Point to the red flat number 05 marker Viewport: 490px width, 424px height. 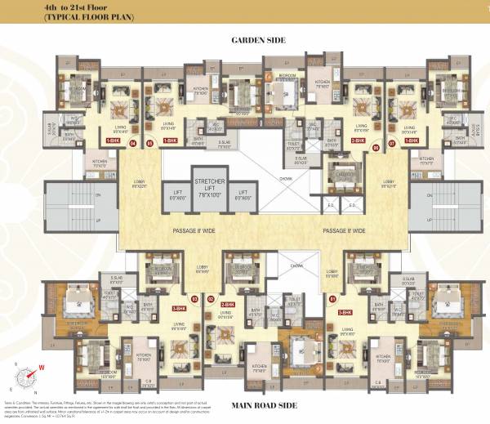pos(149,143)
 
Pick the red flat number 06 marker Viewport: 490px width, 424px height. pos(375,148)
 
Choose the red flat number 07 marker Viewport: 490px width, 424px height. pos(392,143)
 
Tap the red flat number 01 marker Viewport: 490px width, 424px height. pos(332,300)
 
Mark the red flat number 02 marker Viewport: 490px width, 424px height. pos(211,300)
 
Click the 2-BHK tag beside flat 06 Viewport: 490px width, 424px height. pos(358,140)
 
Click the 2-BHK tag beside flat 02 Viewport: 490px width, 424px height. pos(228,305)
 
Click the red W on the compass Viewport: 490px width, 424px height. pos(39,367)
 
